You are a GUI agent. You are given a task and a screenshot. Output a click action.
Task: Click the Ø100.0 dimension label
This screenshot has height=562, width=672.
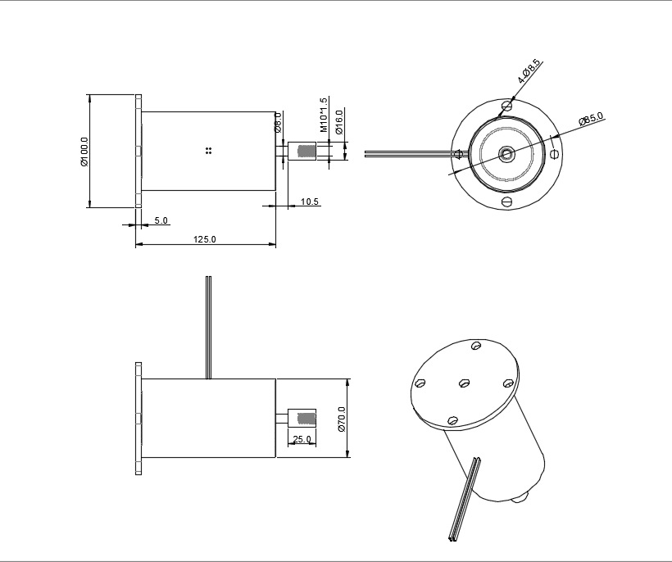84,152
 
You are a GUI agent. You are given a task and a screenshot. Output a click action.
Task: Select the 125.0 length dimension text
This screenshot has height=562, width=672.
204,239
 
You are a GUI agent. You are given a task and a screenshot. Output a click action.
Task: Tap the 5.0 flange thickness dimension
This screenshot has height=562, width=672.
161,220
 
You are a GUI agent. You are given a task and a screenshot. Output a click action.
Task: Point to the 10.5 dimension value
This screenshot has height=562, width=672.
310,202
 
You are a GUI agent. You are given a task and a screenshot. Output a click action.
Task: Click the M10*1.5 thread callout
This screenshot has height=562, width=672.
324,115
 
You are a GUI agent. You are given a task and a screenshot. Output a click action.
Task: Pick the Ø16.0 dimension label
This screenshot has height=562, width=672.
338,123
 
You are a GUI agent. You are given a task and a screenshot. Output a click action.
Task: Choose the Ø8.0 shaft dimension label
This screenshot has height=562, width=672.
278,123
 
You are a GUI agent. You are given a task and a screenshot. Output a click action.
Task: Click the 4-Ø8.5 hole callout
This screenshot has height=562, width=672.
529,71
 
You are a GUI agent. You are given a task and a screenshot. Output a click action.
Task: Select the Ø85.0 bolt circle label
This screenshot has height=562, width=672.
591,119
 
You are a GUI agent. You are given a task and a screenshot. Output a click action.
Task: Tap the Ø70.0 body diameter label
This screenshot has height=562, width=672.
341,419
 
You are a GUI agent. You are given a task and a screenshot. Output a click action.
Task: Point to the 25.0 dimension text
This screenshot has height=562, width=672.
302,440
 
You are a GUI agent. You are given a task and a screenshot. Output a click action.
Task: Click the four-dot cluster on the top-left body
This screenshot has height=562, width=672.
209,150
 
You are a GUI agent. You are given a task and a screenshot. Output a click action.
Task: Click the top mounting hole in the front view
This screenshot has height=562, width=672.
507,105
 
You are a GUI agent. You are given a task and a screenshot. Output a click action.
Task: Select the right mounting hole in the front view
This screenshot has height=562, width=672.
555,153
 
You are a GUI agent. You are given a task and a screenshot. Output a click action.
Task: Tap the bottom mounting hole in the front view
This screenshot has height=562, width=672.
506,202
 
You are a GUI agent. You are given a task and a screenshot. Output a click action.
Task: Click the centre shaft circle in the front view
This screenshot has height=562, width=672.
506,153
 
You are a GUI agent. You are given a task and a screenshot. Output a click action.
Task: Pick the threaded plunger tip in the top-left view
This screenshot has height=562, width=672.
305,152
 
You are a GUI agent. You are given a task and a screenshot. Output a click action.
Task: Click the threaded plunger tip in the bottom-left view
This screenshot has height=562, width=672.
305,419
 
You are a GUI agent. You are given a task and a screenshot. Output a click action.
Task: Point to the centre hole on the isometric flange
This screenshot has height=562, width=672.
464,383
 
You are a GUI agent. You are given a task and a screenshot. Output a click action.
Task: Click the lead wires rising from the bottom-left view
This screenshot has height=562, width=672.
208,328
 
